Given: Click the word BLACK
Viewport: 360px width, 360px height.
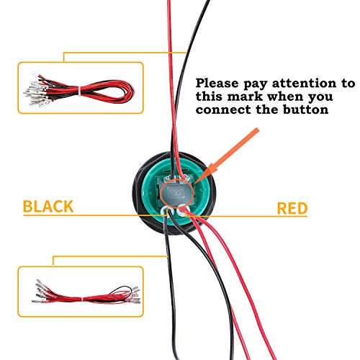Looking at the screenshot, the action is (48, 207).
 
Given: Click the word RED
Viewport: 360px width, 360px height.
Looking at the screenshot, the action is (292, 208).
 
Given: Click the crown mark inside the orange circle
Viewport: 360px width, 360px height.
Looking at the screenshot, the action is (176, 192).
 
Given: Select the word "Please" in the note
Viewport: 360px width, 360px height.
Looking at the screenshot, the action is (217, 84).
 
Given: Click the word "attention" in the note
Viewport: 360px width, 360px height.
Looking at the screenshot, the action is (305, 84).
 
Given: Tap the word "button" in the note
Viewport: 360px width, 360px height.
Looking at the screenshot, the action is (305, 109).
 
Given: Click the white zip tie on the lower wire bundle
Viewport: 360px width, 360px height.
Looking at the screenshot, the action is (83, 300).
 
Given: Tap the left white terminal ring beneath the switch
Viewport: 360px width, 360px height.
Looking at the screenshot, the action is (163, 211).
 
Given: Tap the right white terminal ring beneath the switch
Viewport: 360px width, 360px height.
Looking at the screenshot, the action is (181, 210).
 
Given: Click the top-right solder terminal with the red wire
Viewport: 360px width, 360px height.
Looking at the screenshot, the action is (185, 179).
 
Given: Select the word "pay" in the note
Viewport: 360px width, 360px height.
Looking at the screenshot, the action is (256, 84).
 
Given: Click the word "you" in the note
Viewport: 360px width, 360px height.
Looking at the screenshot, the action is (320, 97).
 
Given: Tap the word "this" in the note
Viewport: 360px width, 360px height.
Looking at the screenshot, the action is (209, 96).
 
